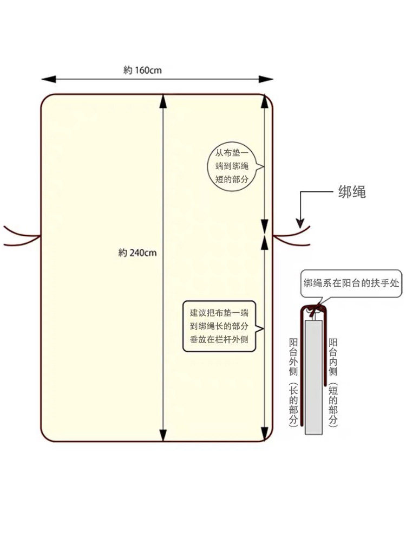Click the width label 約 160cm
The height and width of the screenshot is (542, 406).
[x=142, y=70]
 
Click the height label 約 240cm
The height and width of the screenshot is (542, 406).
[x=137, y=253]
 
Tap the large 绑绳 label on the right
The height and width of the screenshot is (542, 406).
[x=352, y=192]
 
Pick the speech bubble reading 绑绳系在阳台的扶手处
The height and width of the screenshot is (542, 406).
[x=351, y=283]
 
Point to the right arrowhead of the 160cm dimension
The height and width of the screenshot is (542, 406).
[x=266, y=80]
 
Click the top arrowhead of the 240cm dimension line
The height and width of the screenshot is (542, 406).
[x=163, y=102]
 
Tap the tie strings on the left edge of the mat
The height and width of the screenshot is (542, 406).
[x=22, y=236]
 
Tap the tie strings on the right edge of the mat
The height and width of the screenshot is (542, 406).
[x=292, y=236]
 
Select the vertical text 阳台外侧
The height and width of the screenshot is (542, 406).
[x=293, y=357]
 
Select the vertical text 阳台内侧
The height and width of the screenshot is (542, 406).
[x=333, y=357]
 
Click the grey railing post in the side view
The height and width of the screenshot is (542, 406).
[x=314, y=377]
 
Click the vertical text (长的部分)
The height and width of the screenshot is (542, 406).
[x=293, y=405]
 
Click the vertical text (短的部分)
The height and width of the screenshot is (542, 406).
[x=333, y=405]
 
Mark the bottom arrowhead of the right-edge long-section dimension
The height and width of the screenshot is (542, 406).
[x=265, y=434]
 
